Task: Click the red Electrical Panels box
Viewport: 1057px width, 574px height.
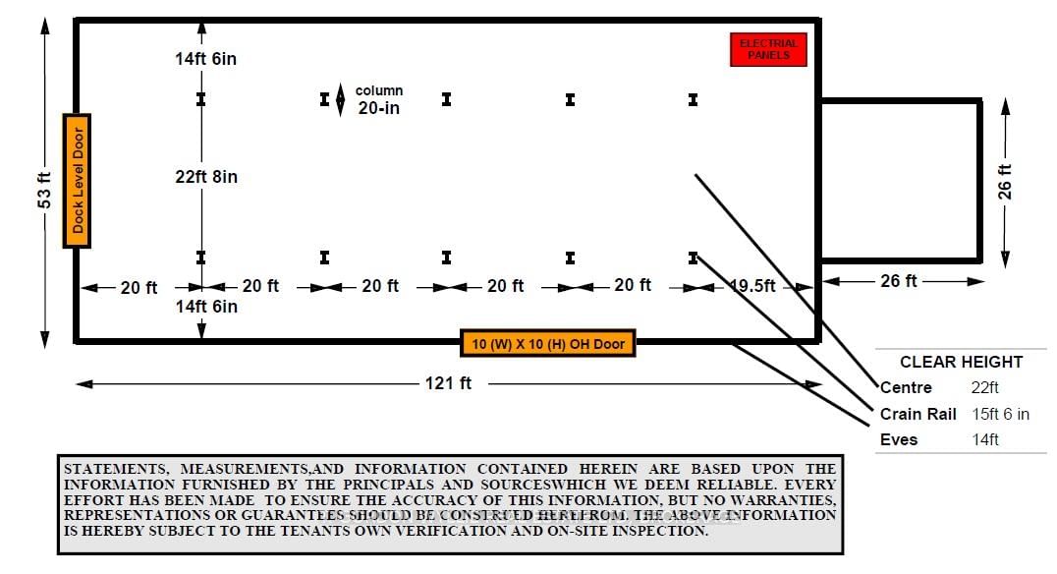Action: pos(768,50)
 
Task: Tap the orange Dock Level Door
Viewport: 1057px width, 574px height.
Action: pos(78,180)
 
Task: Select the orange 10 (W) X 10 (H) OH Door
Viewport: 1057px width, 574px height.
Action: pos(548,344)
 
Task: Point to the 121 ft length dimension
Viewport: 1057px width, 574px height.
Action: pos(447,383)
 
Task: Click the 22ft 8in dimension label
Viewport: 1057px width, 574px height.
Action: pos(206,177)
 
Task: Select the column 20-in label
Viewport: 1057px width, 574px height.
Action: pos(379,100)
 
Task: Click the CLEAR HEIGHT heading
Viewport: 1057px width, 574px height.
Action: pos(961,362)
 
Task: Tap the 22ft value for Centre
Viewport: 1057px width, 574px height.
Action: pos(985,388)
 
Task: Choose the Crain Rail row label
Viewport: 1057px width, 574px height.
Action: pos(918,414)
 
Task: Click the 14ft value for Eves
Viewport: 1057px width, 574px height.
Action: pos(985,439)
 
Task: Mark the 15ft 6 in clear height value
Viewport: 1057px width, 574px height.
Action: pos(1001,414)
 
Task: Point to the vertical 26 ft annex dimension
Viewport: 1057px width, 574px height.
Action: pos(1005,182)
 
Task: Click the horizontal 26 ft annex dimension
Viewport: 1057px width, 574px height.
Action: pos(898,281)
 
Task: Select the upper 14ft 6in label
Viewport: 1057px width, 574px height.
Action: pos(206,59)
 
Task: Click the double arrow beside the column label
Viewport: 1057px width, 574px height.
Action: pos(340,100)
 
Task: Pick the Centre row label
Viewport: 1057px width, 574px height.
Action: pos(907,388)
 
